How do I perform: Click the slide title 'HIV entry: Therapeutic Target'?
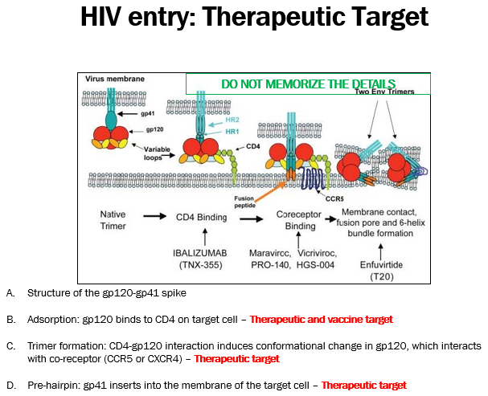coord(255,18)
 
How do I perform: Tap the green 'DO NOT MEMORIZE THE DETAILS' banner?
coord(309,84)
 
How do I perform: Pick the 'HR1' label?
coord(233,130)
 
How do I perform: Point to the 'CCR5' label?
coord(328,196)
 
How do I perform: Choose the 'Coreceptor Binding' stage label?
coord(296,221)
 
